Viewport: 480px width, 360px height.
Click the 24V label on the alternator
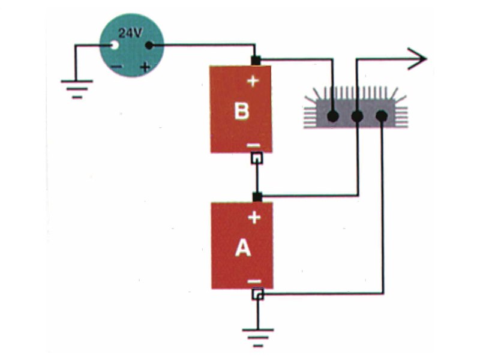pyautogui.click(x=130, y=33)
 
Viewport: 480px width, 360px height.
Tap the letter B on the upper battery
pyautogui.click(x=241, y=111)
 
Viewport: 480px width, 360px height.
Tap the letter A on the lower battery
pyautogui.click(x=242, y=247)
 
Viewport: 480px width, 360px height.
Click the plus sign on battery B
pyautogui.click(x=253, y=81)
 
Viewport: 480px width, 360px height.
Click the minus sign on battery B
pyautogui.click(x=253, y=145)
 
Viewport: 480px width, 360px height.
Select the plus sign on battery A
pyautogui.click(x=254, y=217)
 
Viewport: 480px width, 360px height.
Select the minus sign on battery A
pyautogui.click(x=254, y=281)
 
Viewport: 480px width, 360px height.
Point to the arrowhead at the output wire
pyautogui.click(x=418, y=59)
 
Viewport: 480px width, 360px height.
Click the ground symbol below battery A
pyautogui.click(x=258, y=336)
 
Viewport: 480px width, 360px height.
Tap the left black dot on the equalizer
pyautogui.click(x=333, y=115)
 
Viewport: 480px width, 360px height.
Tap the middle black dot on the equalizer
pyautogui.click(x=357, y=115)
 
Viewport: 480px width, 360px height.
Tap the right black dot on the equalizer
pyautogui.click(x=382, y=115)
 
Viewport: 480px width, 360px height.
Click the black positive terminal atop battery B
pyautogui.click(x=256, y=60)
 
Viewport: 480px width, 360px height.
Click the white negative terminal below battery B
pyautogui.click(x=257, y=158)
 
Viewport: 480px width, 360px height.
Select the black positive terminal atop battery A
pyautogui.click(x=257, y=196)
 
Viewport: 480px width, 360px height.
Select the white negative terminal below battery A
pyautogui.click(x=257, y=295)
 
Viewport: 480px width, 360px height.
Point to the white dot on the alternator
pyautogui.click(x=112, y=46)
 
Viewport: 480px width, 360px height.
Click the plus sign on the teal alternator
pyautogui.click(x=145, y=67)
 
